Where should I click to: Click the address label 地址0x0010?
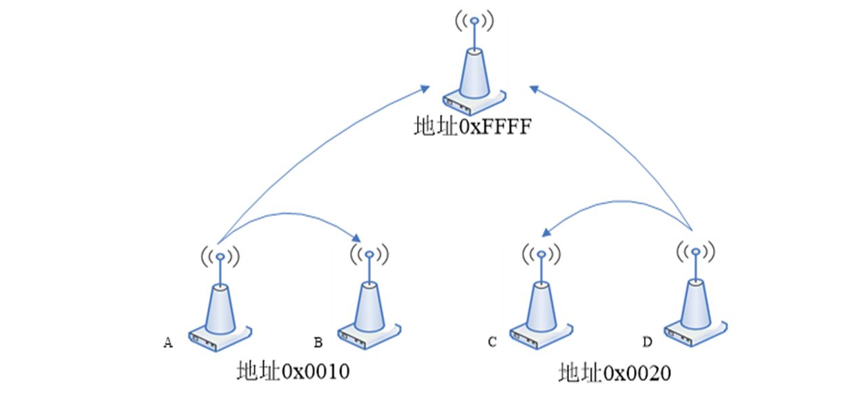[x=293, y=372]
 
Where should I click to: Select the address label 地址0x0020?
[x=614, y=373]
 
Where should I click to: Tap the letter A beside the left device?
[x=168, y=343]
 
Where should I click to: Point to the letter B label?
[x=318, y=342]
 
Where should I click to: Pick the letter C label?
[x=492, y=342]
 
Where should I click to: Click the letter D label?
[x=647, y=342]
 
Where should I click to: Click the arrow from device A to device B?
[x=291, y=215]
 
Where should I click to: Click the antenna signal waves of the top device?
[x=474, y=21]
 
